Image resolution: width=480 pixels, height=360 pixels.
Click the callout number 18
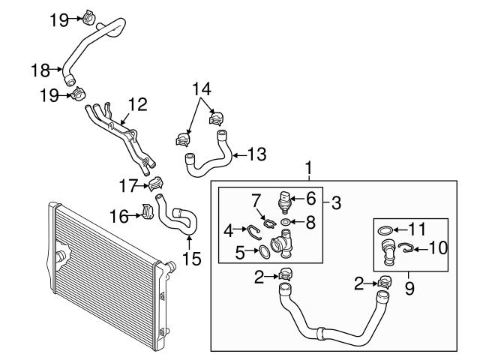(x=39, y=70)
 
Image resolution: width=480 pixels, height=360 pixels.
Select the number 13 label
(x=256, y=154)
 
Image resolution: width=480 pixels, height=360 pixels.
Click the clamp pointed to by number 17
(x=157, y=184)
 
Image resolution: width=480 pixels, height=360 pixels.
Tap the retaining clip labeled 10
(x=404, y=247)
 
